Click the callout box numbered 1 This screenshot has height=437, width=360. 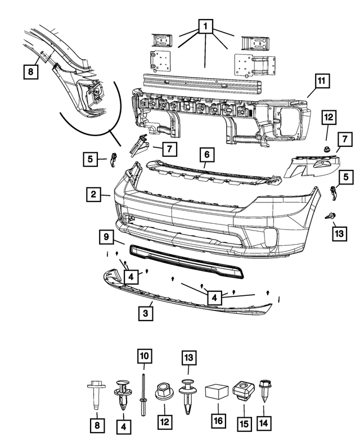205,26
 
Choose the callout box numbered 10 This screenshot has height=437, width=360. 145,356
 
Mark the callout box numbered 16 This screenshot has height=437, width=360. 216,421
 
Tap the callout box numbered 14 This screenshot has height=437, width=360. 263,421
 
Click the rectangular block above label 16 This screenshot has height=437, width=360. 216,392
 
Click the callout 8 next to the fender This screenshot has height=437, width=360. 30,71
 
